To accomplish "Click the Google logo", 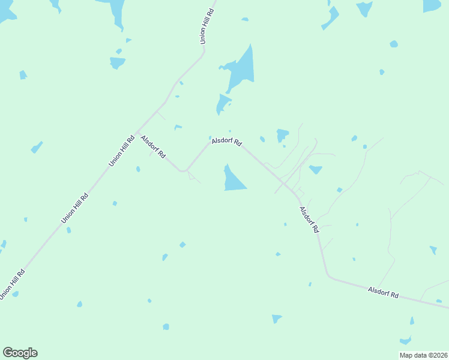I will click(x=20, y=353).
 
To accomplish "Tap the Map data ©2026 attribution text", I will click(x=423, y=355).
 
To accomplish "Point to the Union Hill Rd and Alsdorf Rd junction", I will click(x=137, y=132).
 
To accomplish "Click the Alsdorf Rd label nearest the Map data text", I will click(x=384, y=292).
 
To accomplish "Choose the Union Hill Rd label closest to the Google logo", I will click(x=12, y=284).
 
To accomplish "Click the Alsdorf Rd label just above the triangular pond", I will click(x=226, y=142).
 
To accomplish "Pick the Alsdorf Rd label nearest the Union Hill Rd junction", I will click(x=152, y=146).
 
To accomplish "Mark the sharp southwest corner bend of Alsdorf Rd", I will click(x=183, y=171).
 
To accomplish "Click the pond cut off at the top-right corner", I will click(x=432, y=5).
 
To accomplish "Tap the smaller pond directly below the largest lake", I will click(x=223, y=104).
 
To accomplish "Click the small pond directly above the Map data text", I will click(x=406, y=340).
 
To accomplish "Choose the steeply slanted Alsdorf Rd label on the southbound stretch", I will click(x=309, y=220).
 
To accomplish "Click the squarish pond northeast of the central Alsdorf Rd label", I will click(x=282, y=135).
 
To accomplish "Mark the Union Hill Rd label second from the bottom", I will click(x=74, y=208).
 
